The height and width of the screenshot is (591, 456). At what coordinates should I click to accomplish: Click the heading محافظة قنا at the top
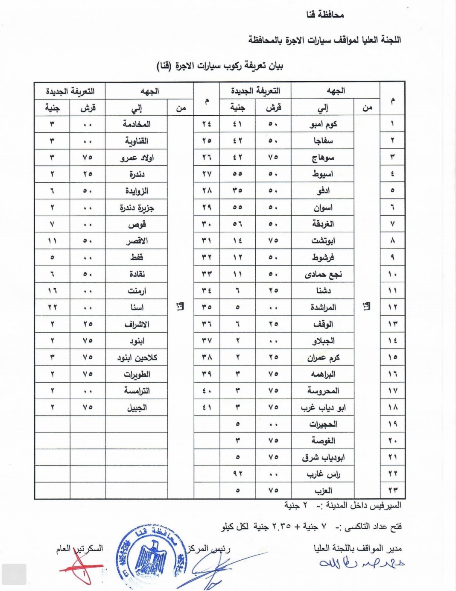pos(325,15)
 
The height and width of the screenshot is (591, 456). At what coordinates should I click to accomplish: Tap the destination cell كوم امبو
pos(323,124)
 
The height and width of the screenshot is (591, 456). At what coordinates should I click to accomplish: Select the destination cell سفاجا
pos(323,141)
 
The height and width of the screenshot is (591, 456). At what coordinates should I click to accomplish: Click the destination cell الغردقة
pos(323,224)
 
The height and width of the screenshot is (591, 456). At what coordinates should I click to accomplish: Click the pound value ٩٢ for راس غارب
pos(237,474)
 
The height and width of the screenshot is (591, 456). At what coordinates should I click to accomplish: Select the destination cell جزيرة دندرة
pos(137,208)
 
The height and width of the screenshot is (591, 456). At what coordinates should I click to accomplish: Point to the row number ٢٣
pos(392,491)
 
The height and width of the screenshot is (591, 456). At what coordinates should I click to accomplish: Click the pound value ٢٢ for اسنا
pos(52,307)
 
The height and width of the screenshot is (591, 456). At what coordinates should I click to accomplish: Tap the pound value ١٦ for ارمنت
pos(52,291)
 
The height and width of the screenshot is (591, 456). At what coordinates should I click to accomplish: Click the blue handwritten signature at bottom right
pos(361,564)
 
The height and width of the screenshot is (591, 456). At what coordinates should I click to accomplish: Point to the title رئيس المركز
pos(208,549)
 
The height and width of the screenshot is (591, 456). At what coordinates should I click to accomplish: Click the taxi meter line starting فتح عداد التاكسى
pos(312,527)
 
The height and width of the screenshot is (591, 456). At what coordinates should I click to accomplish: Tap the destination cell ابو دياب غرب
pos(323,408)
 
